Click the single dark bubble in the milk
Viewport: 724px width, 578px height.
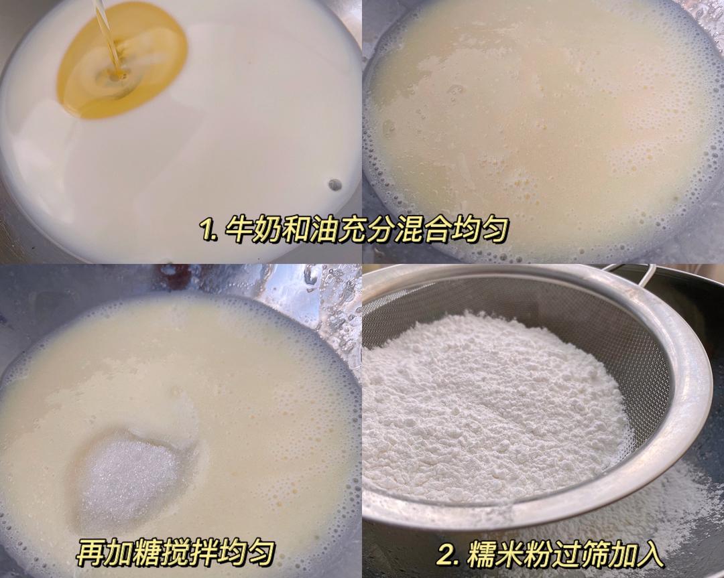[x=335, y=184]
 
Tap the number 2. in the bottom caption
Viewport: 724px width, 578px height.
[x=448, y=555]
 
